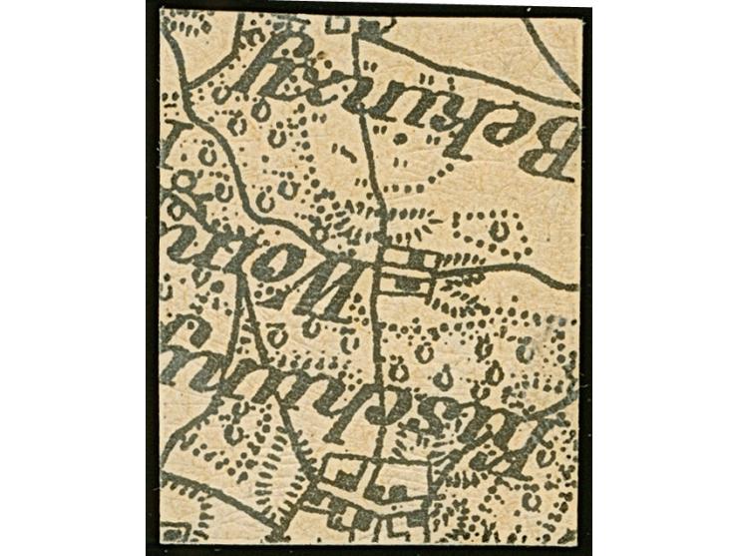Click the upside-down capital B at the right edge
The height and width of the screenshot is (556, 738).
pyautogui.click(x=545, y=150)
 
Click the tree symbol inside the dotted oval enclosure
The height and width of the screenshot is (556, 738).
pyautogui.click(x=498, y=231)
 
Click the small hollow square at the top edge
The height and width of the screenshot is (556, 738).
pyautogui.click(x=343, y=20)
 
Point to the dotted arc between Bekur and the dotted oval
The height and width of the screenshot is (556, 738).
pyautogui.click(x=439, y=180)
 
